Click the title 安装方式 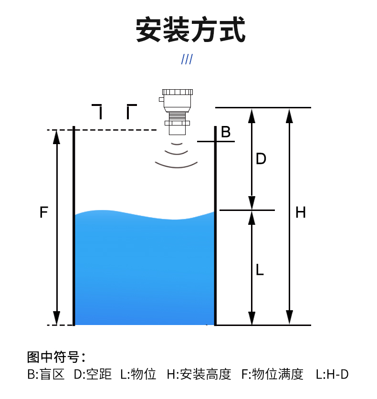[190, 30]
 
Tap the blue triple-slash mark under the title [187, 59]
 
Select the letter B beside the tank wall [226, 132]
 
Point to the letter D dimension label [261, 159]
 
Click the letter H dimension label [300, 212]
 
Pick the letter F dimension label [44, 212]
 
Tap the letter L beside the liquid [260, 270]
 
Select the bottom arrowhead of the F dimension [57, 318]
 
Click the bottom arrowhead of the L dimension [252, 318]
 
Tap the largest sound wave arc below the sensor [176, 165]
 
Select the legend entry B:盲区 [46, 374]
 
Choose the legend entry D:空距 [92, 374]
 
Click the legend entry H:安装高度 [199, 374]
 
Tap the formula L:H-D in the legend [332, 374]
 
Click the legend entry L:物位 [138, 374]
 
